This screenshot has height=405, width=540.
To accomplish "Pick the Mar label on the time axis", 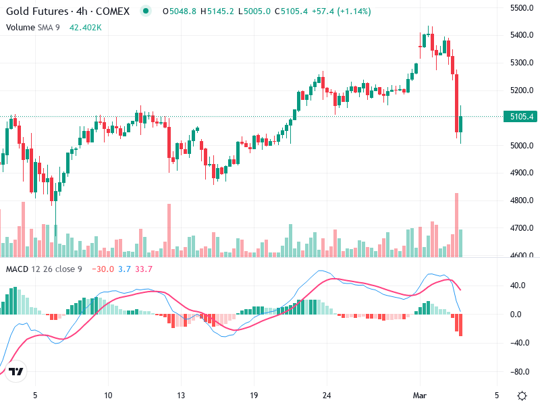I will tap(420, 394).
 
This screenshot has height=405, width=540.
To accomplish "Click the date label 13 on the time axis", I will tap(181, 394).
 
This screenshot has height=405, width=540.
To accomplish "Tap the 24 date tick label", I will tap(326, 394).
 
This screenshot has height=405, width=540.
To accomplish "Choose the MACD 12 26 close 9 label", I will tap(44, 269).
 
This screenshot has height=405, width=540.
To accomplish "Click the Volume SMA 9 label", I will tap(33, 27).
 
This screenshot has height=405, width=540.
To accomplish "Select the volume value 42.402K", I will tap(86, 27).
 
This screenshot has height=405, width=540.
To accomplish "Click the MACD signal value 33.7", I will tap(144, 269).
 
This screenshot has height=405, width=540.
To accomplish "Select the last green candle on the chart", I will tap(461, 124).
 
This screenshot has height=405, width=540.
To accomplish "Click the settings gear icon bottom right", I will tap(521, 395).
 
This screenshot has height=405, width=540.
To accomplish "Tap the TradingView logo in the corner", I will tap(16, 372).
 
